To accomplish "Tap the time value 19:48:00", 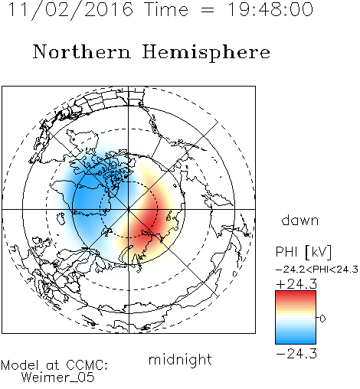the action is coord(270,9).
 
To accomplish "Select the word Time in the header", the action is coord(166,9).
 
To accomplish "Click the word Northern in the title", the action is coord(82,52).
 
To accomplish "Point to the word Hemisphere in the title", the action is coord(206,53).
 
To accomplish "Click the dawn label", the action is coord(300,220).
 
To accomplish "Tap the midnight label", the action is coord(180,360).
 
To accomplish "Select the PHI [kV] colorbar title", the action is coord(303,252).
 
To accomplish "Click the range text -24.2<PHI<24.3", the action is coord(317,270).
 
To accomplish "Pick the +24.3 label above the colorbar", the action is coord(296,284).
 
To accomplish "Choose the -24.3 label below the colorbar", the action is coord(296,354).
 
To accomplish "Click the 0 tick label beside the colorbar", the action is coord(322,319).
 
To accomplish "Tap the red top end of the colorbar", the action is coord(296,293).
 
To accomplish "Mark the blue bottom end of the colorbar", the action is coord(296,342).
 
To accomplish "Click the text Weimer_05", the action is coord(58,378).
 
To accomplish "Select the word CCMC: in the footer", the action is coord(87,365).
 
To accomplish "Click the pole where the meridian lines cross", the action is coord(128,209).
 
